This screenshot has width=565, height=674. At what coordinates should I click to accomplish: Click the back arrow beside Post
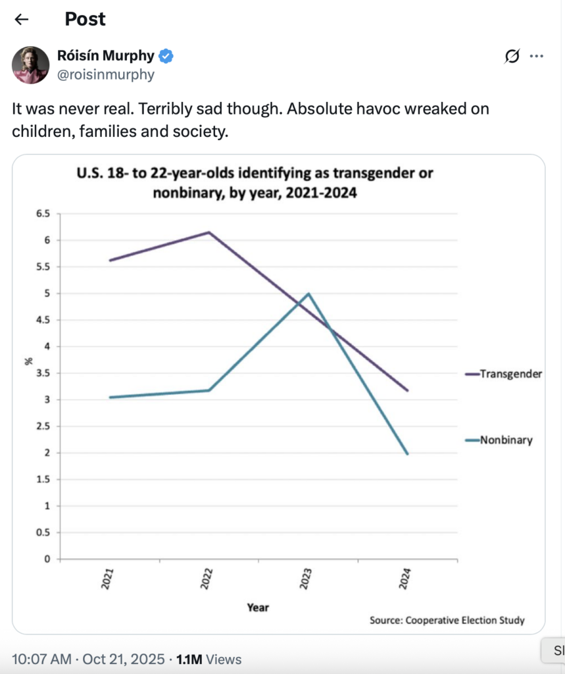22,19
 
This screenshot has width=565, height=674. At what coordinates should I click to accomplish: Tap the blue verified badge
167,57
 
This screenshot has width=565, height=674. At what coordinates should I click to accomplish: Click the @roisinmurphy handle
106,74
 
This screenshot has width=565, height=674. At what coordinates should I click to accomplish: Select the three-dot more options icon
537,57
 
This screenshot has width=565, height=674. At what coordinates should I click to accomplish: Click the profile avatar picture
30,65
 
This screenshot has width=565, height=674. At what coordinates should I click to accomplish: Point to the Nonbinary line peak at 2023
308,294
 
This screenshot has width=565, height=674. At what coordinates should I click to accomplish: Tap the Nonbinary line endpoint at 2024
408,454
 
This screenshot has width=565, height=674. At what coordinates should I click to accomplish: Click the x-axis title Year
258,608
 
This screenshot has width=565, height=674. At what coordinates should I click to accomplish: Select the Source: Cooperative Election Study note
447,620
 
